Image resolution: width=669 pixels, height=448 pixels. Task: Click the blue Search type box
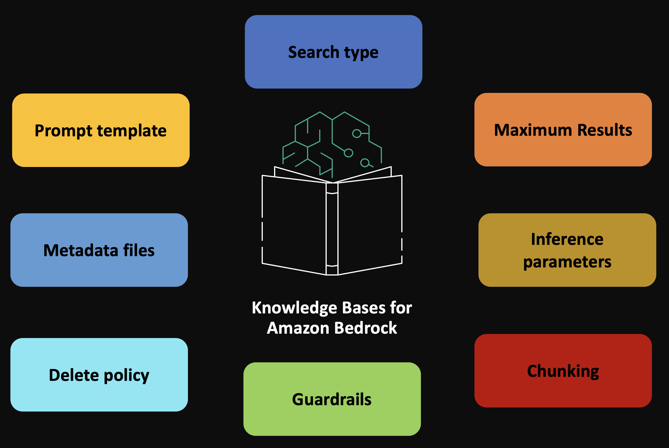[333, 52]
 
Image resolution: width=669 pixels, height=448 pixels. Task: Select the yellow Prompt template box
[101, 130]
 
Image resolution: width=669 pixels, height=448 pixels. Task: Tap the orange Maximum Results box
[563, 130]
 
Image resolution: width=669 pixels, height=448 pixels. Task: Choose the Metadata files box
[99, 250]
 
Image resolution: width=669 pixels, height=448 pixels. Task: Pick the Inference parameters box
[567, 250]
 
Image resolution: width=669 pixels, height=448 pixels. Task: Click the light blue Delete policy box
[99, 375]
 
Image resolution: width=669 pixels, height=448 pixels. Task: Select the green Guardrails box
[332, 399]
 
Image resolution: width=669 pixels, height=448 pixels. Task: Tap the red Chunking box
[563, 371]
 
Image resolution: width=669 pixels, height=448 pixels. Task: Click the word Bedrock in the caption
[365, 328]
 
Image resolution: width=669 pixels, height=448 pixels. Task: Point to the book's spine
[332, 229]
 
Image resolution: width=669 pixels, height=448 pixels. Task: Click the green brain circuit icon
[332, 142]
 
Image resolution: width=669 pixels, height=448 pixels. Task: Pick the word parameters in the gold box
[567, 262]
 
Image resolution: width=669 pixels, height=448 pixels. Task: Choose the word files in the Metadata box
[139, 250]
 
